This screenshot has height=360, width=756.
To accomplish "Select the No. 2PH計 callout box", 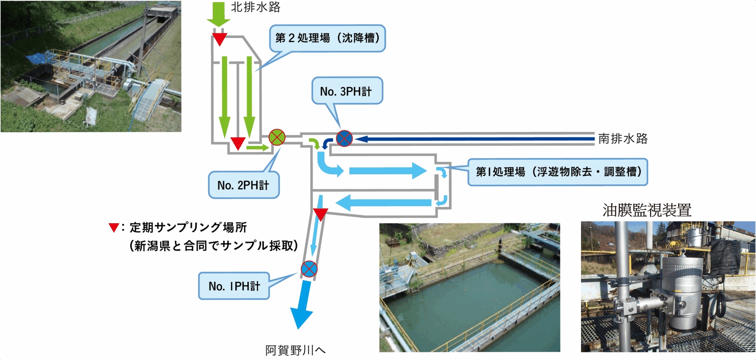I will (244, 185).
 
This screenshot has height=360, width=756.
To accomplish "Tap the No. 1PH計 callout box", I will (234, 286).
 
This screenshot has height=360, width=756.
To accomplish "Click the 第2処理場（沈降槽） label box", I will (327, 38).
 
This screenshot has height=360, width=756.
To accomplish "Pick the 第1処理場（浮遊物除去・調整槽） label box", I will (558, 172).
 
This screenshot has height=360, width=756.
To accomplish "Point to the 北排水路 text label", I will (256, 7).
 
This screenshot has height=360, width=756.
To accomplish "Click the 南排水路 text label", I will (623, 139).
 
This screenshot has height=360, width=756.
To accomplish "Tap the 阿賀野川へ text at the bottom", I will (295, 350).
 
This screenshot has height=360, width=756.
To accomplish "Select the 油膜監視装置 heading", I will (647, 210).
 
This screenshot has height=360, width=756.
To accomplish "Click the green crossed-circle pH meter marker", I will (277, 138).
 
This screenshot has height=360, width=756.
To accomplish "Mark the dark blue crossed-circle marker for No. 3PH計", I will (344, 138).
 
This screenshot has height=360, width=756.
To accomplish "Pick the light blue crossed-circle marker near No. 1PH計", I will (309, 269).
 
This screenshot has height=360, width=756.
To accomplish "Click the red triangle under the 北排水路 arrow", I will (219, 39).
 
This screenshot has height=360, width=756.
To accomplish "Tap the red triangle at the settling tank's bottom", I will (238, 143).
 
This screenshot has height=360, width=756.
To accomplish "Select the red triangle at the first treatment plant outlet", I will (321, 214).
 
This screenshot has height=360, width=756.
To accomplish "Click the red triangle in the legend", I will (114, 227).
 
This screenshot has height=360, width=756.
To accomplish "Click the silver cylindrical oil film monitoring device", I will (682, 291).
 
